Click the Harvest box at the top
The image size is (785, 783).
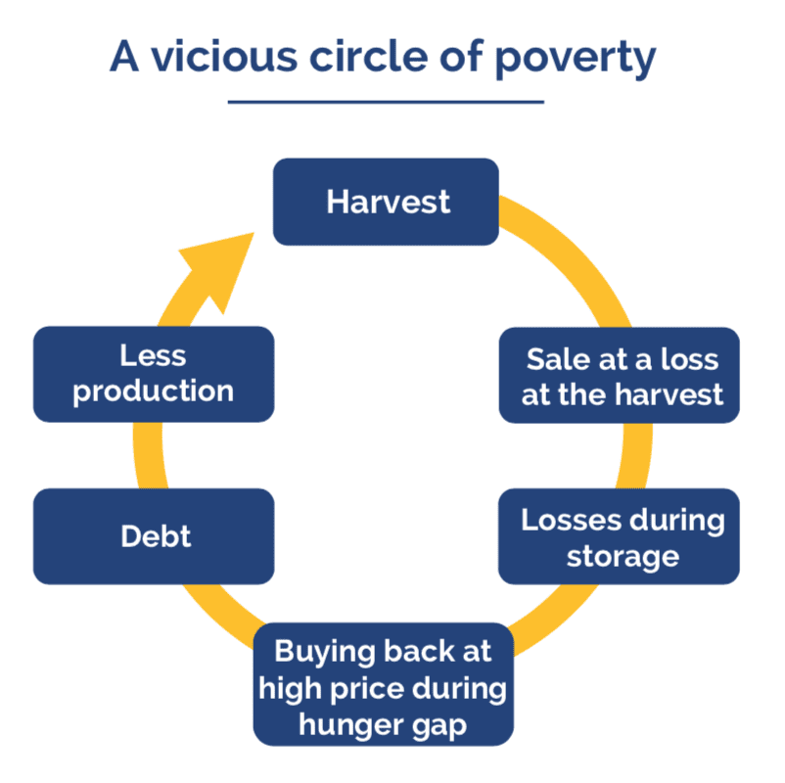(x=386, y=202)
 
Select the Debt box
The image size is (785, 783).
(x=154, y=536)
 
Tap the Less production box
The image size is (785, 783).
(x=154, y=374)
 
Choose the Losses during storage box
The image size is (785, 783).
(x=619, y=536)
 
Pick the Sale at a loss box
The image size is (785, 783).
(x=620, y=375)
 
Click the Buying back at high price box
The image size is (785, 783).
(x=384, y=684)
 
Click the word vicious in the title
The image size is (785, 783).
(x=224, y=56)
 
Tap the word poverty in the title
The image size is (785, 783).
(x=576, y=59)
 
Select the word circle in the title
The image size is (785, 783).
(x=368, y=56)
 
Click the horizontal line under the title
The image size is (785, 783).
(x=386, y=102)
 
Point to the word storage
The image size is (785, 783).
(x=623, y=556)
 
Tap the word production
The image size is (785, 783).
(x=154, y=391)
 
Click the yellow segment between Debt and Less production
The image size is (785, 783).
(x=149, y=455)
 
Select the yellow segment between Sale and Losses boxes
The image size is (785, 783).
(x=636, y=455)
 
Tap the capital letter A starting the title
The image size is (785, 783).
(x=124, y=56)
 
